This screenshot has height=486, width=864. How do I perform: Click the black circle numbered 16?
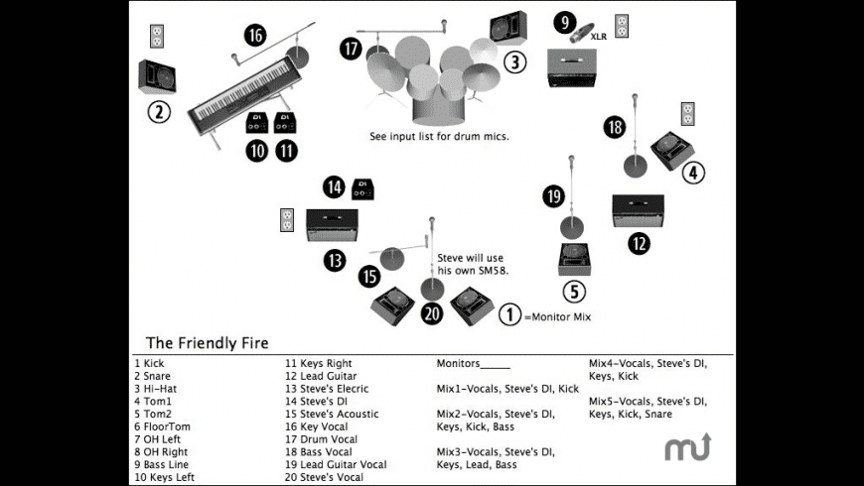click(x=255, y=36)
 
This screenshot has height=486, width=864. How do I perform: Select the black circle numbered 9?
click(x=565, y=21)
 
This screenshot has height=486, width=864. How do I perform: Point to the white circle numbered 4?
click(x=692, y=172)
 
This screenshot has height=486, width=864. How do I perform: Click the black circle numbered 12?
click(x=640, y=241)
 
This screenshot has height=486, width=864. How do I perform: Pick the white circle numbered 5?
click(x=575, y=292)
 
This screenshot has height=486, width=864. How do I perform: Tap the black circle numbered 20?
click(x=431, y=314)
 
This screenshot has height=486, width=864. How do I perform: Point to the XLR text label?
click(x=599, y=37)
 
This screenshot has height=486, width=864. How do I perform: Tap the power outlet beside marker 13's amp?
click(x=287, y=219)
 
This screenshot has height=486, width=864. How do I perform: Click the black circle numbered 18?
click(x=614, y=127)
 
